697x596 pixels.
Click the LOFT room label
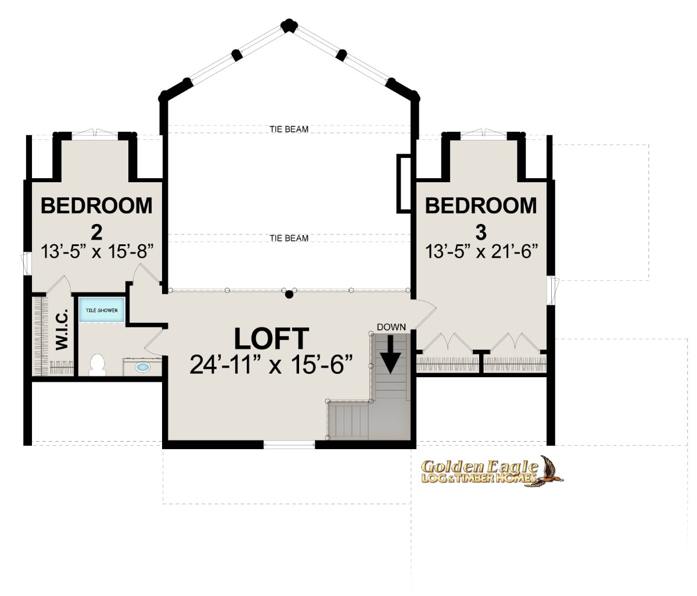271,338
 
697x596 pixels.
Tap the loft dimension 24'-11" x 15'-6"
271,364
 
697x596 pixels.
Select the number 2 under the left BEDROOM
96,232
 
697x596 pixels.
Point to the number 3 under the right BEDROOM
481,232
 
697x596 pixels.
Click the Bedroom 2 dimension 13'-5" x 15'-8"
97,251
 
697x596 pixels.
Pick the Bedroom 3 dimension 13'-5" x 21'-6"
481,251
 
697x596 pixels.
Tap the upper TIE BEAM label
289,129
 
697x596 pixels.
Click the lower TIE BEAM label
289,238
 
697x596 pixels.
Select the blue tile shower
102,310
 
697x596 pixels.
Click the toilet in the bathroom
98,365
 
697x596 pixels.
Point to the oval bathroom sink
143,367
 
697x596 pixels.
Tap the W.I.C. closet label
62,330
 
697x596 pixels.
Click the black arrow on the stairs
390,354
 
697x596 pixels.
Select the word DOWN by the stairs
391,327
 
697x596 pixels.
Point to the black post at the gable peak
289,26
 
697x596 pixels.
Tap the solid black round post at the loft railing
289,295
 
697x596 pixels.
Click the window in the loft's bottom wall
289,446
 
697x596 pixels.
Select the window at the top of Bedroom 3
484,133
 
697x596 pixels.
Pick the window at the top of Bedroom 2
95,133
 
